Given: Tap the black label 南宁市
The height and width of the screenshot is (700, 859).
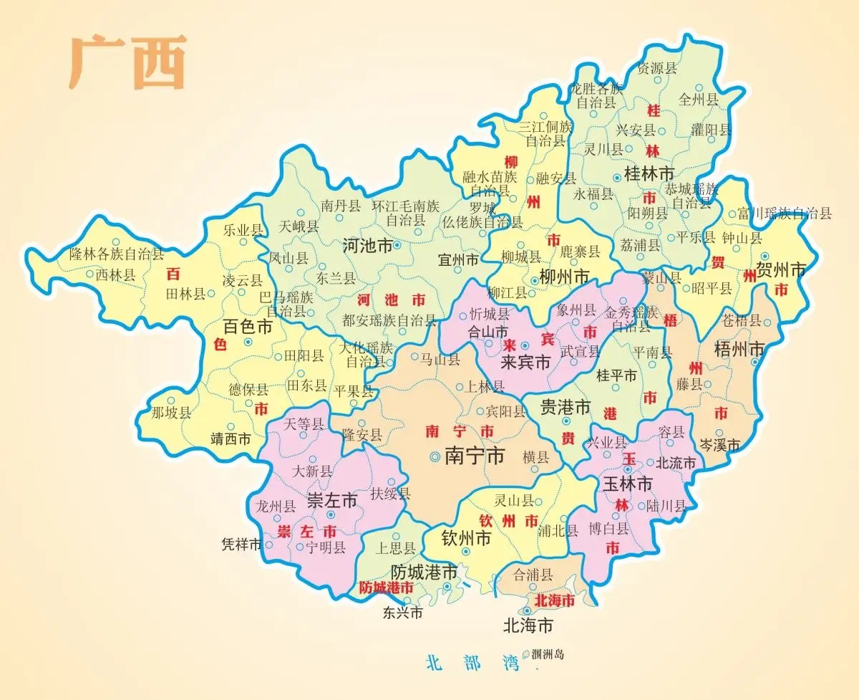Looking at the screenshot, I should click(475, 456).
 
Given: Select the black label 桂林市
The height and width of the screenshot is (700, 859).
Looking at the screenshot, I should click(649, 174).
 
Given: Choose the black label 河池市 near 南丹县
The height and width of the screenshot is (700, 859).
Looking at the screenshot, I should click(367, 245).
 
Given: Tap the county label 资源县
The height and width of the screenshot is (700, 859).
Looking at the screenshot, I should click(657, 69).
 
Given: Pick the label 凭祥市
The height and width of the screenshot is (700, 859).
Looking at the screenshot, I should click(242, 545).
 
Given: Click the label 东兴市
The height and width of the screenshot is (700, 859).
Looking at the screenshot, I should click(402, 613).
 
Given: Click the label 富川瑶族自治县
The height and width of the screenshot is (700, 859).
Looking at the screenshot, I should click(785, 213).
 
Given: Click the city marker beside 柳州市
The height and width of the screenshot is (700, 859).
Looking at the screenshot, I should click(534, 280).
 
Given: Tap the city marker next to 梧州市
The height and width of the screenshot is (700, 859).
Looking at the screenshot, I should click(755, 363).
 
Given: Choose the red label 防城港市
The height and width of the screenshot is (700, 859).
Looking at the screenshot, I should click(387, 588).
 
